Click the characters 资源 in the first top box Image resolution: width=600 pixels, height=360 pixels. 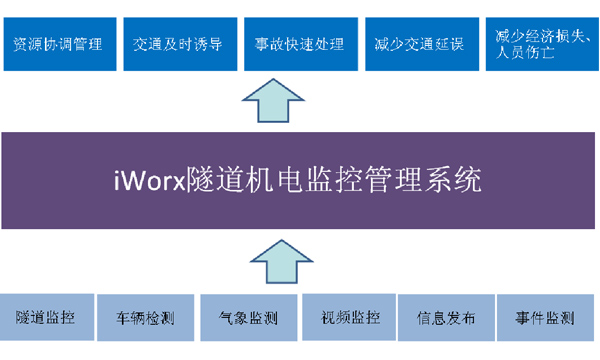(28, 44)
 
